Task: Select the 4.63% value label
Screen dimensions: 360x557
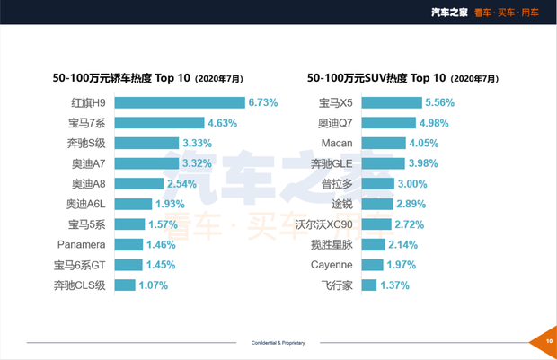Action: pyautogui.click(x=224, y=123)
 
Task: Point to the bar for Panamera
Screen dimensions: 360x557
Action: pyautogui.click(x=128, y=244)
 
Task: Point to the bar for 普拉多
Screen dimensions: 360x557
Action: pyautogui.click(x=378, y=183)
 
